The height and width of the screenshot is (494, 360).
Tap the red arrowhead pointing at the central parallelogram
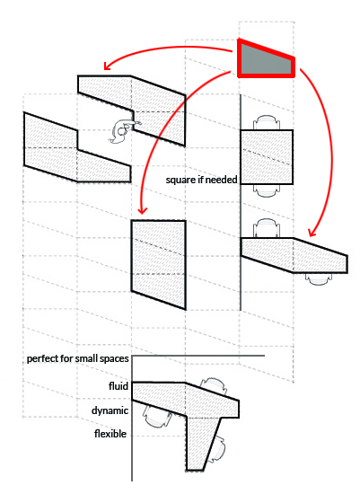pyautogui.click(x=143, y=209)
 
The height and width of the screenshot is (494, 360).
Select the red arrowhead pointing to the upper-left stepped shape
pyautogui.click(x=108, y=66)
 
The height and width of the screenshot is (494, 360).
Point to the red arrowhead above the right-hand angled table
pyautogui.click(x=312, y=233)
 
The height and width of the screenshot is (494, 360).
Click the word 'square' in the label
pyautogui.click(x=180, y=181)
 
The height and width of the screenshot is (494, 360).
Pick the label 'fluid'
pyautogui.click(x=119, y=386)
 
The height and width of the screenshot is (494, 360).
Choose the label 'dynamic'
pyautogui.click(x=110, y=410)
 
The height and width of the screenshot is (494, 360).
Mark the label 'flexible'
pyautogui.click(x=110, y=434)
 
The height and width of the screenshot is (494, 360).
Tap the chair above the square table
pyautogui.click(x=267, y=123)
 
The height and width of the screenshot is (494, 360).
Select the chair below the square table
pyautogui.click(x=267, y=190)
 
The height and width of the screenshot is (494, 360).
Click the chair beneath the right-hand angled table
pyautogui.click(x=320, y=278)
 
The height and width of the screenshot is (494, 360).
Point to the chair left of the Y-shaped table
pyautogui.click(x=156, y=416)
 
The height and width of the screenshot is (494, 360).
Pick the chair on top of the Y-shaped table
pyautogui.click(x=212, y=387)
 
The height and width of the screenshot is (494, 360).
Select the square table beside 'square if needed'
pyautogui.click(x=267, y=157)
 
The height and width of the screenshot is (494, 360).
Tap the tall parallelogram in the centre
pyautogui.click(x=158, y=264)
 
